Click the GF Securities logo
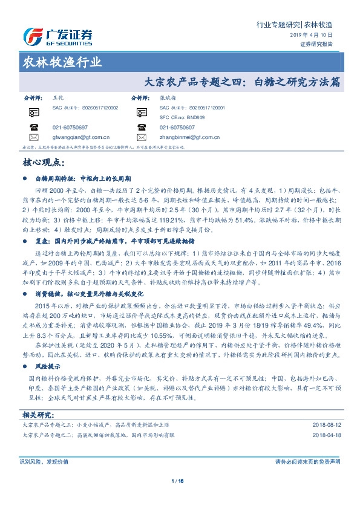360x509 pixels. pyautogui.click(x=57, y=36)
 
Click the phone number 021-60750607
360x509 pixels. pyautogui.click(x=177, y=128)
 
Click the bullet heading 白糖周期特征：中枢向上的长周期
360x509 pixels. pyautogui.click(x=82, y=180)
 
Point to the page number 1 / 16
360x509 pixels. pyautogui.click(x=177, y=481)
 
